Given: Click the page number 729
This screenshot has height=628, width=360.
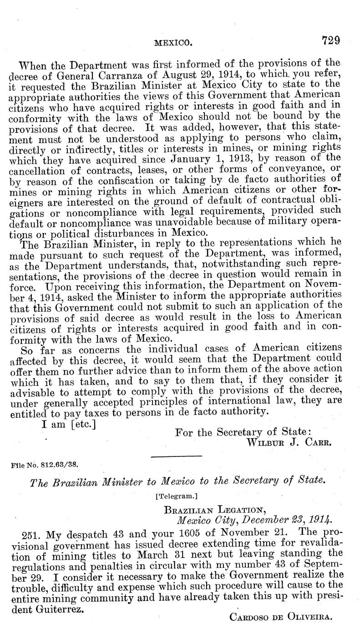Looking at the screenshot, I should pos(331,41).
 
